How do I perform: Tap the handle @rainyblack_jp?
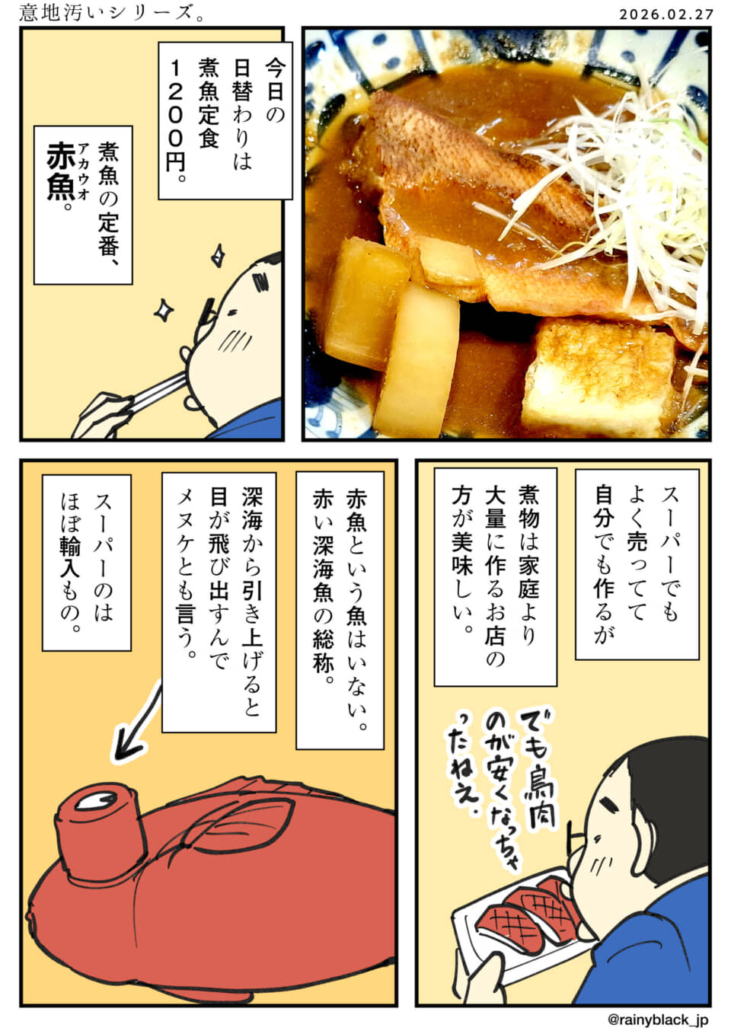[659, 1019]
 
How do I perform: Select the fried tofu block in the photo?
[602, 373]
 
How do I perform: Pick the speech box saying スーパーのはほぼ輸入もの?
[86, 562]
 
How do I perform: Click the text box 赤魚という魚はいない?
[340, 609]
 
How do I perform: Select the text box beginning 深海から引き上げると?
[219, 602]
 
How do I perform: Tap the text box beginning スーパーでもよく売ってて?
[637, 563]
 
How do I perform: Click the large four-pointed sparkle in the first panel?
[163, 308]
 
